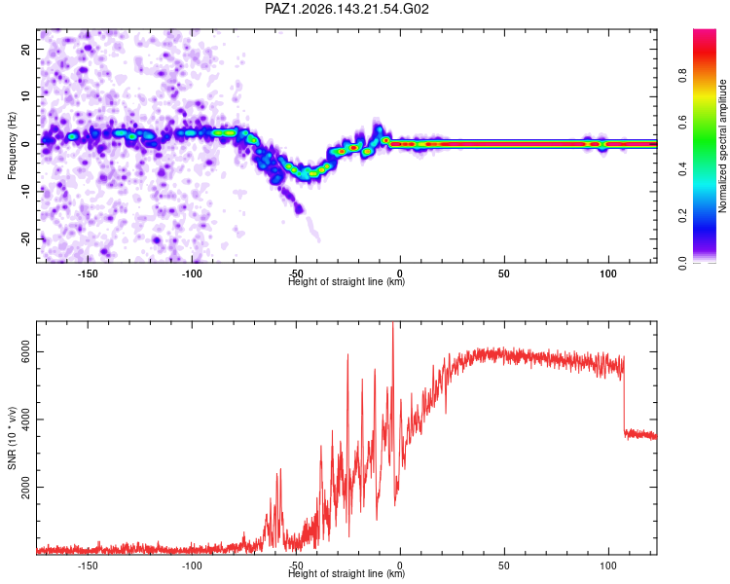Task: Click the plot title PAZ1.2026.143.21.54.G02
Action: (347, 9)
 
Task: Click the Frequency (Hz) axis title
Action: (12, 146)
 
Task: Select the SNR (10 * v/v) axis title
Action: (12, 438)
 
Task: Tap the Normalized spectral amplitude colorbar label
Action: (722, 146)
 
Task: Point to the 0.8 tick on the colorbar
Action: (682, 76)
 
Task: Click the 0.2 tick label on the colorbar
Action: (682, 216)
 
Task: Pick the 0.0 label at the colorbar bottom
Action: (682, 263)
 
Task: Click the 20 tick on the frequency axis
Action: (25, 49)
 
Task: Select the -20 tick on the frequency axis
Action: (25, 238)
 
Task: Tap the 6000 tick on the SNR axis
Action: (25, 351)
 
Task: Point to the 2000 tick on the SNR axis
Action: (25, 487)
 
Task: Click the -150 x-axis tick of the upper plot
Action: (87, 274)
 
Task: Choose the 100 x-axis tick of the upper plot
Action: (608, 274)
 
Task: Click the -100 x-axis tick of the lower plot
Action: (192, 566)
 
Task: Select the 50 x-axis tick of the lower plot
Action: (504, 566)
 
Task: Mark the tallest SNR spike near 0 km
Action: (393, 323)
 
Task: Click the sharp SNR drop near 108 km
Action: (624, 396)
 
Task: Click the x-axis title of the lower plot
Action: (347, 573)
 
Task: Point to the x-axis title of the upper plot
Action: (347, 281)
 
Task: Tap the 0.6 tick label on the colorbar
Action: (682, 123)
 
